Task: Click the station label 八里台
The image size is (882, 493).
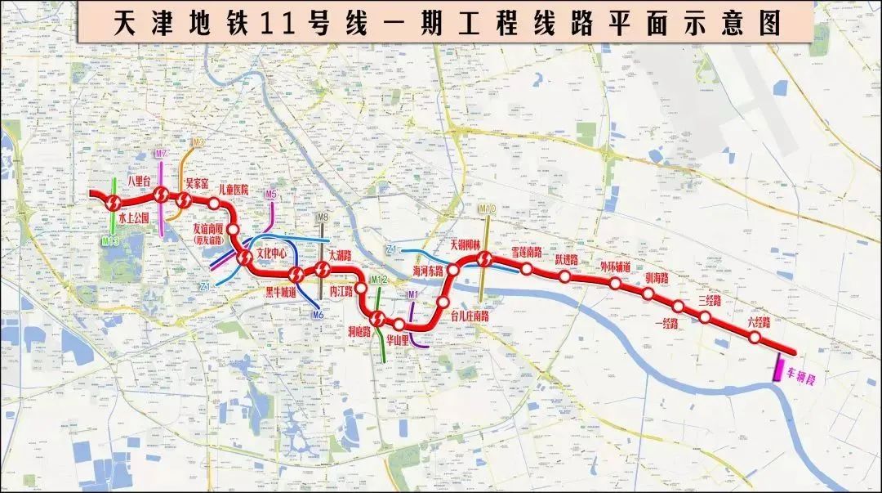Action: (x=140, y=181)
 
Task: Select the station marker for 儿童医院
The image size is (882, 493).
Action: (x=214, y=204)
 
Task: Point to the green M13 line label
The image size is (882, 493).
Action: (x=112, y=241)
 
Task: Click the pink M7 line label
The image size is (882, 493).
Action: (x=162, y=154)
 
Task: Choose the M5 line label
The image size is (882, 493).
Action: (x=271, y=194)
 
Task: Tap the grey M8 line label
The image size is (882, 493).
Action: (x=323, y=217)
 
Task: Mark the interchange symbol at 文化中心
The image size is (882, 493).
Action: (x=244, y=258)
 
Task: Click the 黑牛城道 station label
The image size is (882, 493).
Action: (x=281, y=289)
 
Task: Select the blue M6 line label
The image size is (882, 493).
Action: (x=318, y=314)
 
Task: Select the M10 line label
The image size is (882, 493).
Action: (x=488, y=210)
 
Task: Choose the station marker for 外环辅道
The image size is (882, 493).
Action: (x=614, y=284)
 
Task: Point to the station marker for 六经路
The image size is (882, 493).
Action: (x=756, y=337)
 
